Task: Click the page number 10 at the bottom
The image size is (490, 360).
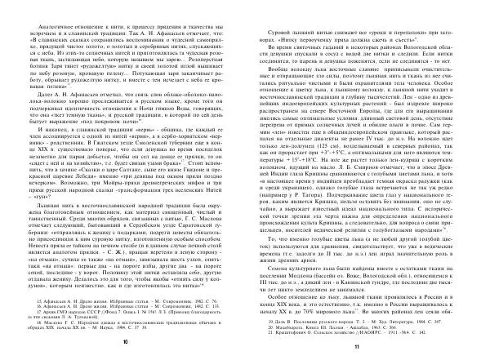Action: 125,346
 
